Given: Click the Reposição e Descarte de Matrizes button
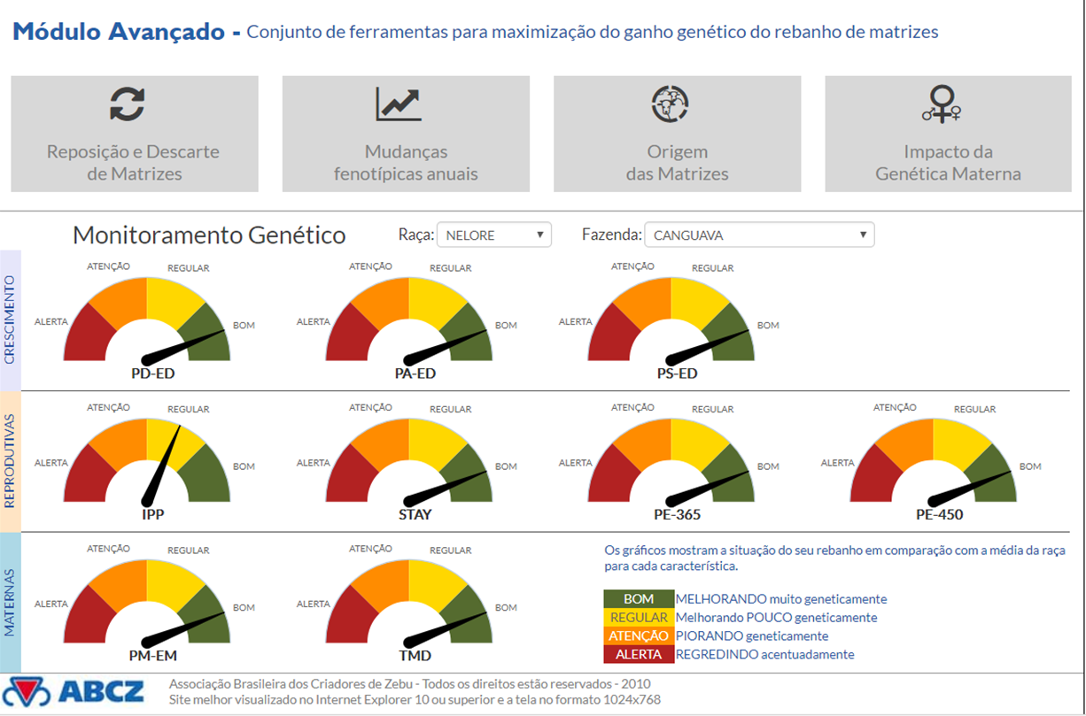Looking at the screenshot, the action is tap(135, 134).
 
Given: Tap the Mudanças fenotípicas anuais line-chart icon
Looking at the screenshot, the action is tap(399, 104).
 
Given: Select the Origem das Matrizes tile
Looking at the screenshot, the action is tap(678, 134).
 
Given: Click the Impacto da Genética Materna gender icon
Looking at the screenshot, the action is tap(942, 104).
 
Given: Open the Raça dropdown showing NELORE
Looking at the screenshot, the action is tap(494, 235).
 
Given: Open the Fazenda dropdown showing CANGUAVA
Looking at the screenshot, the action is tap(759, 235).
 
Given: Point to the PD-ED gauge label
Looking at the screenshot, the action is tap(152, 373).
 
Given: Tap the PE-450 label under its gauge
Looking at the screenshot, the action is tap(939, 514).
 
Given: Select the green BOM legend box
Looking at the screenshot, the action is tap(639, 599).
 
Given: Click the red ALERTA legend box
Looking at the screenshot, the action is tap(639, 654).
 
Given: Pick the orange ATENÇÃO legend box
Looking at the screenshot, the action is tap(639, 635).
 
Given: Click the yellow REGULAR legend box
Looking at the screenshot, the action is tap(639, 617).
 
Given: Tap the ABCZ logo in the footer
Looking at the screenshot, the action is tap(74, 691).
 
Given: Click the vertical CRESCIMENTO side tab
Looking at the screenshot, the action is tap(10, 320).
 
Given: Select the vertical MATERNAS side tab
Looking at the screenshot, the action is tap(10, 602).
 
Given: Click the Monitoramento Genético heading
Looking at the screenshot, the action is tap(209, 235).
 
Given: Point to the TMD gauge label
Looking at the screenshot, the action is tap(415, 656).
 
